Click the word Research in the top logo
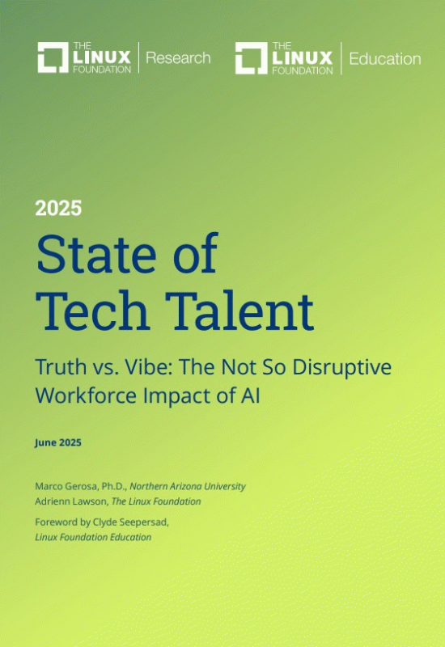pos(178,57)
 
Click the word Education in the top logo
pos(385,59)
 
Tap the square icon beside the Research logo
pos(53,57)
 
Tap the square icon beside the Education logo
pos(252,58)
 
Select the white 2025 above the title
pos(58,209)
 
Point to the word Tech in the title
pos(92,311)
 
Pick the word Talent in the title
pos(239,311)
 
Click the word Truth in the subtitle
pos(61,367)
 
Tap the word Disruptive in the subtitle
pos(341,367)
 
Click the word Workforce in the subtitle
pos(86,395)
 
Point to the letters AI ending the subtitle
pos(250,395)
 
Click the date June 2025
pos(57,442)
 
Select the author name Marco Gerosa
pos(66,486)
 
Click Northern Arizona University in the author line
pos(188,487)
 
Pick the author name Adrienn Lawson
pos(70,501)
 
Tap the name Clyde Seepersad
pos(130,522)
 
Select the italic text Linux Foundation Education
pos(93,537)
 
